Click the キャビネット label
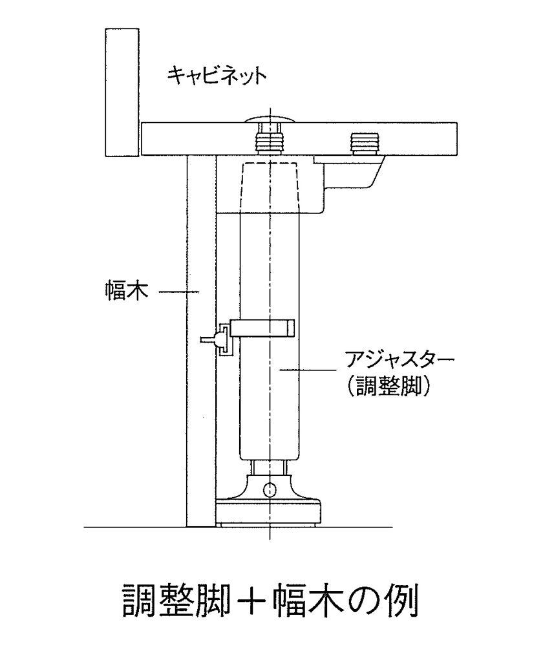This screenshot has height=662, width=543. [217, 76]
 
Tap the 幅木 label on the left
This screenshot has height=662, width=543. [126, 291]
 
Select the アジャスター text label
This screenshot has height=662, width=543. [399, 361]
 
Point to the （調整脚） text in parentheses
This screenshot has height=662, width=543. [388, 385]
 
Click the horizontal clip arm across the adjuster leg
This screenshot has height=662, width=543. [262, 328]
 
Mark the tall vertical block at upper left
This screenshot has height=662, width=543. [122, 92]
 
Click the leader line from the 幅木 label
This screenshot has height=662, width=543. [179, 291]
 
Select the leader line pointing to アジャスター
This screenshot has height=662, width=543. [308, 370]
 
